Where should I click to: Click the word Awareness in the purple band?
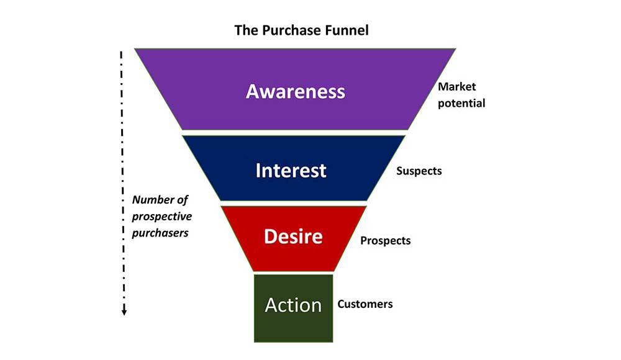pos(295,91)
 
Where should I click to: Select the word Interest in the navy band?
pos(291,170)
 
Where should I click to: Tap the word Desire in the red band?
pos(293,236)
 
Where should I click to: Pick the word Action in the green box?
pos(293,305)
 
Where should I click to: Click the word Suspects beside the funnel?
pos(419,171)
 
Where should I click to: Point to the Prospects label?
pos(386,240)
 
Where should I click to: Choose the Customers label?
pos(365,304)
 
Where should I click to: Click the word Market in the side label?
pos(457,87)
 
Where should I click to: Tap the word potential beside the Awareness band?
pos(461,103)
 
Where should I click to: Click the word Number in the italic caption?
pos(151,200)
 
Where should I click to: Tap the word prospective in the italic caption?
pos(162,217)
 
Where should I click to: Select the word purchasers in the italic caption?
pos(160,233)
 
